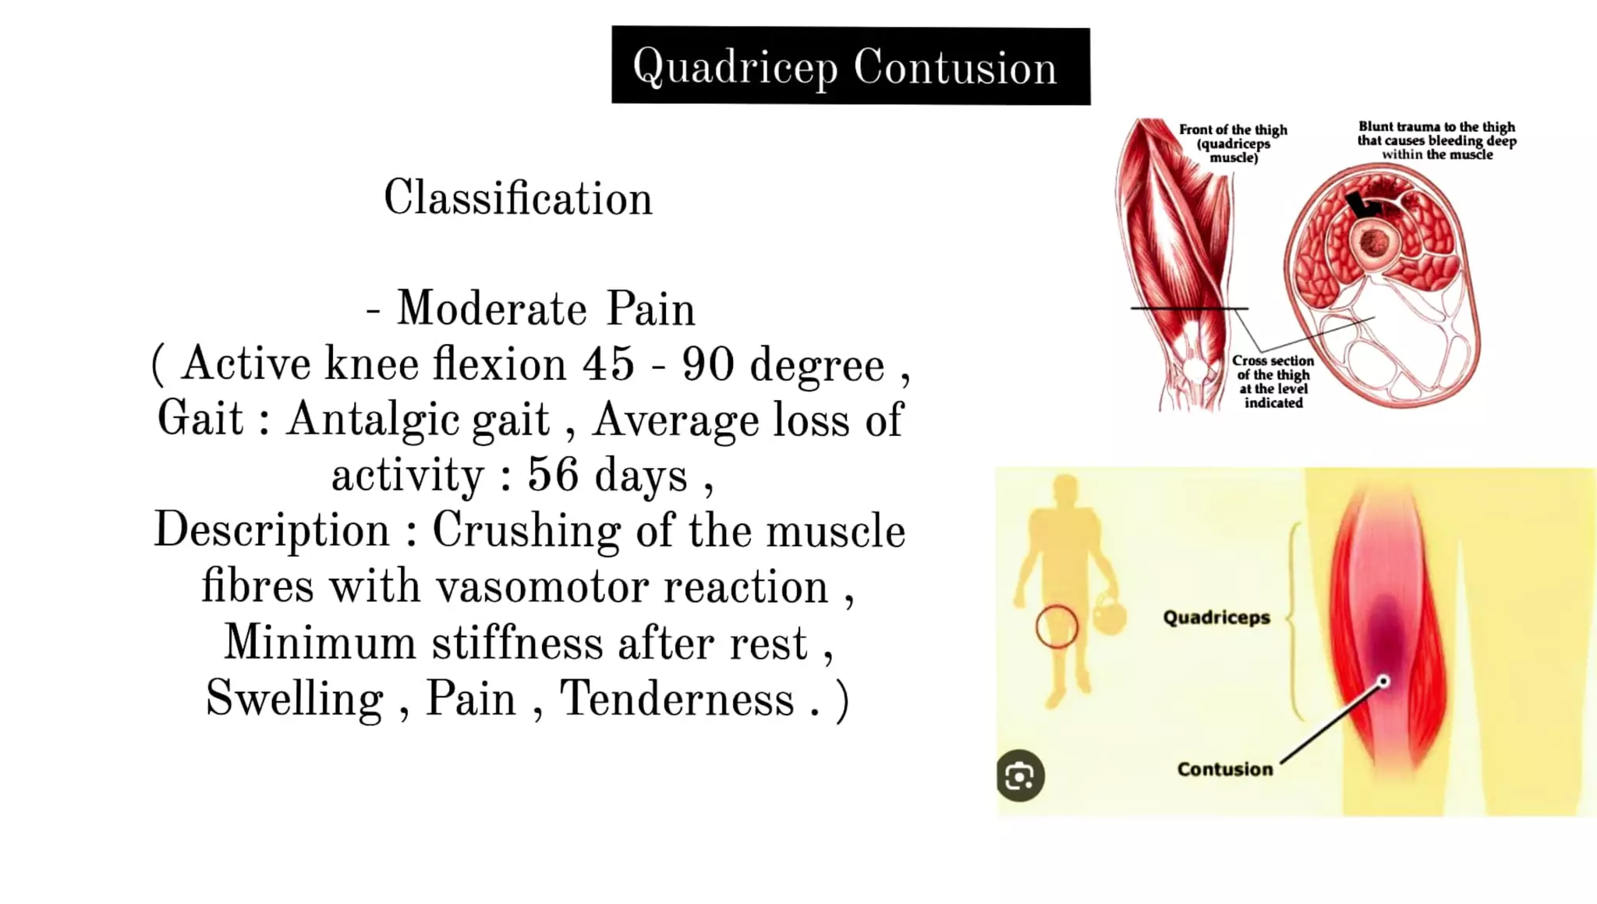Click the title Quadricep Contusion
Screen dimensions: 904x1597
tap(850, 66)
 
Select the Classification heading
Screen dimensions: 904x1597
tap(518, 198)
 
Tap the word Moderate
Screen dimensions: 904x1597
tap(492, 309)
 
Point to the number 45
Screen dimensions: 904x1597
tap(608, 363)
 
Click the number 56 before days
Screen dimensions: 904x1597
tap(553, 474)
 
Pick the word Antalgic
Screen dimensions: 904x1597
tap(418, 420)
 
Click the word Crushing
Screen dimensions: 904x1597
tap(526, 531)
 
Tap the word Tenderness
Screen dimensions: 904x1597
tap(677, 698)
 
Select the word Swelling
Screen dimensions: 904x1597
tap(294, 698)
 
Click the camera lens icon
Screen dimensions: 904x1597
tap(1020, 776)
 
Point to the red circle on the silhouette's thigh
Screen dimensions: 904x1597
tap(1057, 626)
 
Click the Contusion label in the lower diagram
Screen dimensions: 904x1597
tap(1224, 769)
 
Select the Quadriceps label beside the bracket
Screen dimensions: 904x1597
tap(1216, 618)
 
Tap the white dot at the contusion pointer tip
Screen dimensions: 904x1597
tap(1383, 682)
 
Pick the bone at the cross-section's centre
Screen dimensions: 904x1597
tap(1373, 243)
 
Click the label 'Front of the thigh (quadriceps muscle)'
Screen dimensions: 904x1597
tap(1233, 144)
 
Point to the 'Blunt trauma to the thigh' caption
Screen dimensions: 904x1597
tap(1436, 140)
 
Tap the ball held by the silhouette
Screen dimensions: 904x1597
tap(1109, 615)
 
